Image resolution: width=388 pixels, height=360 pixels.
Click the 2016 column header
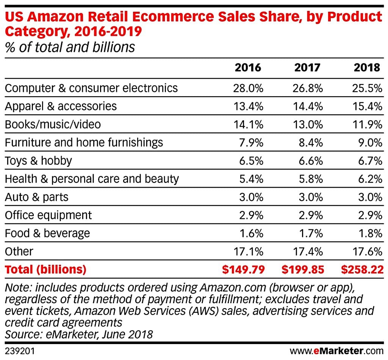[x=248, y=68]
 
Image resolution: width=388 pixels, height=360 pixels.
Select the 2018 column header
[x=367, y=68]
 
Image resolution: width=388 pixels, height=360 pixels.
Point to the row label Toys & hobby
[x=38, y=161]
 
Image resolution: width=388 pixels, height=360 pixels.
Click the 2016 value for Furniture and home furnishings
[x=252, y=143]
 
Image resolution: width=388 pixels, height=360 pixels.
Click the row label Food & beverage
[x=47, y=234]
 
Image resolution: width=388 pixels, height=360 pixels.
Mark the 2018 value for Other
[x=367, y=252]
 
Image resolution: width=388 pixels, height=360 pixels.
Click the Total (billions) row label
[x=45, y=270]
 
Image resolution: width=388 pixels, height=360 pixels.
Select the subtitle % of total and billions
[x=70, y=47]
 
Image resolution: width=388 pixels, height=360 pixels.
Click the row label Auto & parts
[x=37, y=197]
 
